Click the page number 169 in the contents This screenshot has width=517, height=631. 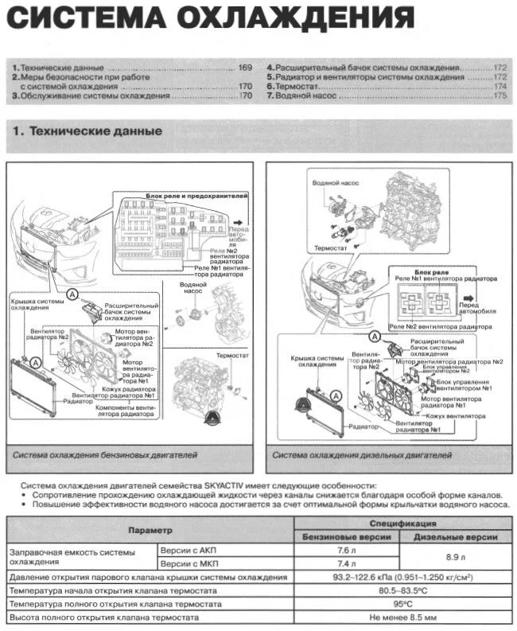(x=245, y=68)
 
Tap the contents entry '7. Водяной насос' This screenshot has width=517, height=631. (x=301, y=95)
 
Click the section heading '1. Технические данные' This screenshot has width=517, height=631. (x=87, y=130)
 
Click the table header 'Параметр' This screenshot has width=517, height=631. (x=150, y=529)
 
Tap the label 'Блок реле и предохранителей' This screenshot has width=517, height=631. (x=197, y=195)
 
